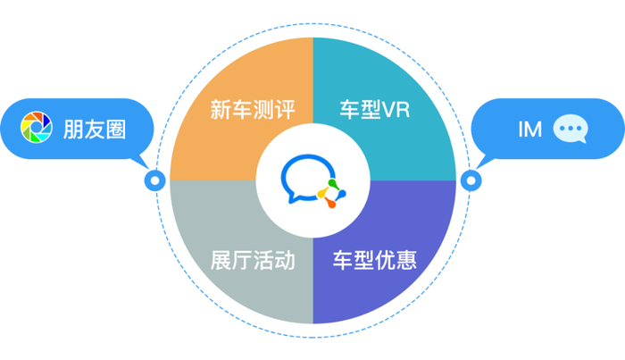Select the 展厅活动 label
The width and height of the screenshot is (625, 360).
(252, 261)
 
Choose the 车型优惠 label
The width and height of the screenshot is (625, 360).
(375, 261)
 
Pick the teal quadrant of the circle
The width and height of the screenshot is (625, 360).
(402, 134)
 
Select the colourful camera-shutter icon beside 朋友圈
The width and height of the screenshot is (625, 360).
(36, 129)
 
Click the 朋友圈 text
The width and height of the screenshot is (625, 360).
(94, 129)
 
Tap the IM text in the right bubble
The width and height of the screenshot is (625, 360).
(529, 129)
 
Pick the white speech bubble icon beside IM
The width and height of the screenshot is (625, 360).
(571, 129)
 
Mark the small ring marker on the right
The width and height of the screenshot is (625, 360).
(469, 180)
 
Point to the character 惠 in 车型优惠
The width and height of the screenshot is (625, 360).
(406, 261)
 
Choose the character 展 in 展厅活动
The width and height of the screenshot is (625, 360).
(220, 261)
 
